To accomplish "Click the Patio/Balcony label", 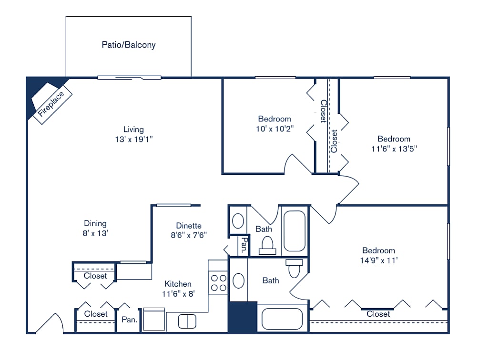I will click(x=129, y=45).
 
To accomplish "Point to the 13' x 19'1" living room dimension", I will click(x=133, y=139).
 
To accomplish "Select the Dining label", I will click(x=95, y=223).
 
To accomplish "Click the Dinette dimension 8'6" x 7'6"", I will click(x=189, y=235).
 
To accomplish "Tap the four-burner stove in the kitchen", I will click(x=219, y=282).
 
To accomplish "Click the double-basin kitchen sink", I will click(x=187, y=322).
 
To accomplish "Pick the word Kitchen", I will click(x=178, y=284).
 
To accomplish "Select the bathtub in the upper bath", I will click(x=295, y=231).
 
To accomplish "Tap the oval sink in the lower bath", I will click(x=238, y=281).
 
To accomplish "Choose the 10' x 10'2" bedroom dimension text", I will click(x=275, y=128).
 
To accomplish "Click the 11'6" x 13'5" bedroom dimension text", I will click(x=394, y=148).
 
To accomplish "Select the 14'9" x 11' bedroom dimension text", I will click(x=378, y=260).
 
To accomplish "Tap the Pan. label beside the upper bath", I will click(x=244, y=245).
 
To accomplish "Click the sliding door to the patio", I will click(x=130, y=78).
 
